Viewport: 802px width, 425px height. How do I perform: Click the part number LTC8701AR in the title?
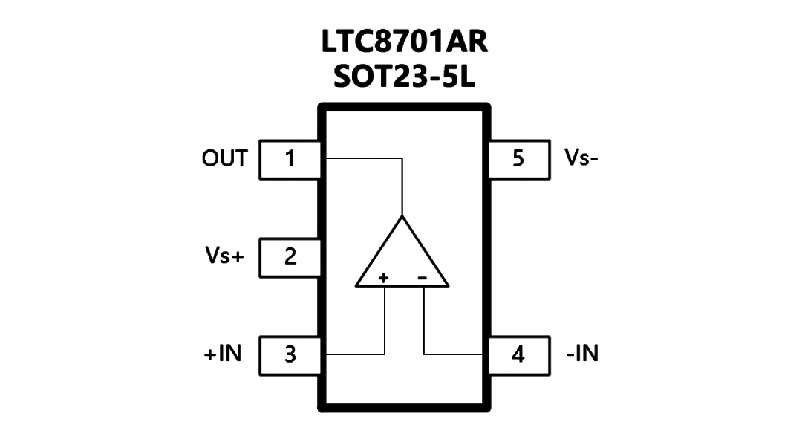click(405, 42)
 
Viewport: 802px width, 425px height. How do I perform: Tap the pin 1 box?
click(290, 159)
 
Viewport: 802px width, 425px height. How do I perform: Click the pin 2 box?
click(290, 257)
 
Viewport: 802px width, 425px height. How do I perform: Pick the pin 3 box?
click(290, 355)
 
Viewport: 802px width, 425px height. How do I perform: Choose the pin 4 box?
click(519, 355)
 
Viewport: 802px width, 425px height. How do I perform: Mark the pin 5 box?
click(519, 159)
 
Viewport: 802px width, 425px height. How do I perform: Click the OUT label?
click(224, 159)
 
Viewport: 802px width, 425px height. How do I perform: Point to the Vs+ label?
click(224, 256)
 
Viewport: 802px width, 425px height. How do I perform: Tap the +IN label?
click(223, 354)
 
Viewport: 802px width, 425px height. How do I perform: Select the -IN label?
click(583, 354)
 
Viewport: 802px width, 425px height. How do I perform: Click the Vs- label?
click(581, 158)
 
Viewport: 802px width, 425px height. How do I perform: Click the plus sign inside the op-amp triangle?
click(383, 278)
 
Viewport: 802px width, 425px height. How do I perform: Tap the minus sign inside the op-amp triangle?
click(423, 278)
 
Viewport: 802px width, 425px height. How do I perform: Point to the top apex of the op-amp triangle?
click(402, 216)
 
